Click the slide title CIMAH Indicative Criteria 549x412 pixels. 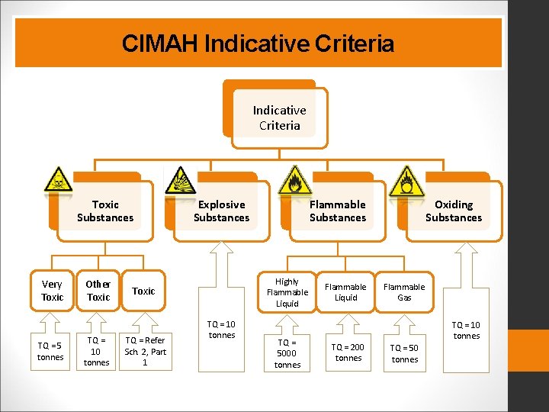click(x=258, y=43)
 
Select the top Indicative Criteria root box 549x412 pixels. click(x=279, y=118)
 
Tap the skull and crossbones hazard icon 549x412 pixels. click(x=57, y=179)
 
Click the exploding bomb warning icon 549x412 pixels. click(x=180, y=180)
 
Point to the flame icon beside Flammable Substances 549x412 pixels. click(x=294, y=180)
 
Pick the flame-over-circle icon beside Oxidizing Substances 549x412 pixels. click(x=406, y=181)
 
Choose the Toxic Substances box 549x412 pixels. click(x=105, y=211)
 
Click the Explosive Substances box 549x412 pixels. click(x=221, y=211)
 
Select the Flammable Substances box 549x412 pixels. click(x=337, y=211)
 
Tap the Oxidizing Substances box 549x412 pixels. click(x=454, y=211)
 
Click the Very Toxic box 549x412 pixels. click(x=52, y=291)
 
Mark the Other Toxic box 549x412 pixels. click(x=98, y=291)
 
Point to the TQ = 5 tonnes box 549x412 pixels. click(x=50, y=352)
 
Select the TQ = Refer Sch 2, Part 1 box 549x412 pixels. click(x=145, y=351)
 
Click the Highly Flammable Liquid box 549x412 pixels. click(x=287, y=292)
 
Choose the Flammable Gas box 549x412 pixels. click(x=404, y=291)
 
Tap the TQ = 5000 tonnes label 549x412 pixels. click(x=287, y=353)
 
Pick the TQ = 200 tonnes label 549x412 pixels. click(x=348, y=352)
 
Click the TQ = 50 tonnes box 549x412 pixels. click(x=404, y=353)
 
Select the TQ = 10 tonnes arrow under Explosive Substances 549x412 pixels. click(x=222, y=330)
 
